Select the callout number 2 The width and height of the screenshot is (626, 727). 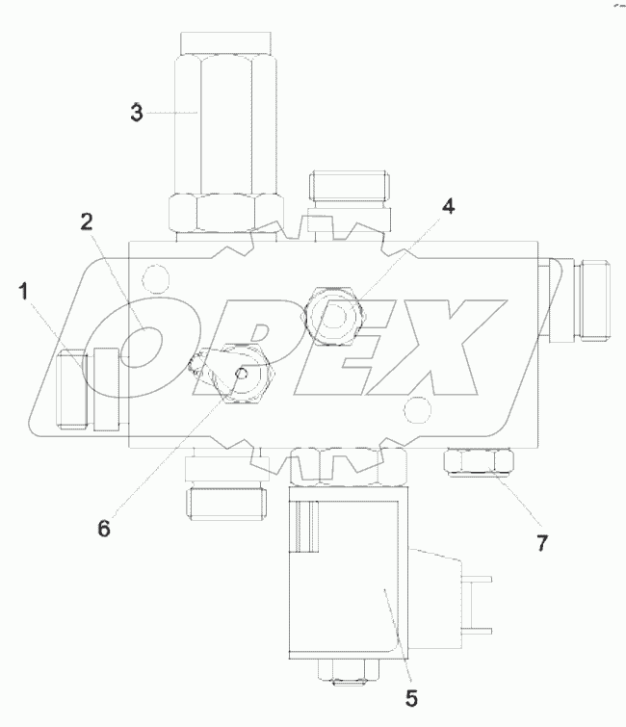(86, 222)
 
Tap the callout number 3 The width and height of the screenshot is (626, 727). (137, 112)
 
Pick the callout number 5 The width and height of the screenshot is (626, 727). (410, 698)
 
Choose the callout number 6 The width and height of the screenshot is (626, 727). (104, 528)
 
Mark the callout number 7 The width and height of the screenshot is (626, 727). (542, 543)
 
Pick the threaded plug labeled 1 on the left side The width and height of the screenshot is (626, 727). (76, 390)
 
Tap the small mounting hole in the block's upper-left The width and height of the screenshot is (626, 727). (150, 281)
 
